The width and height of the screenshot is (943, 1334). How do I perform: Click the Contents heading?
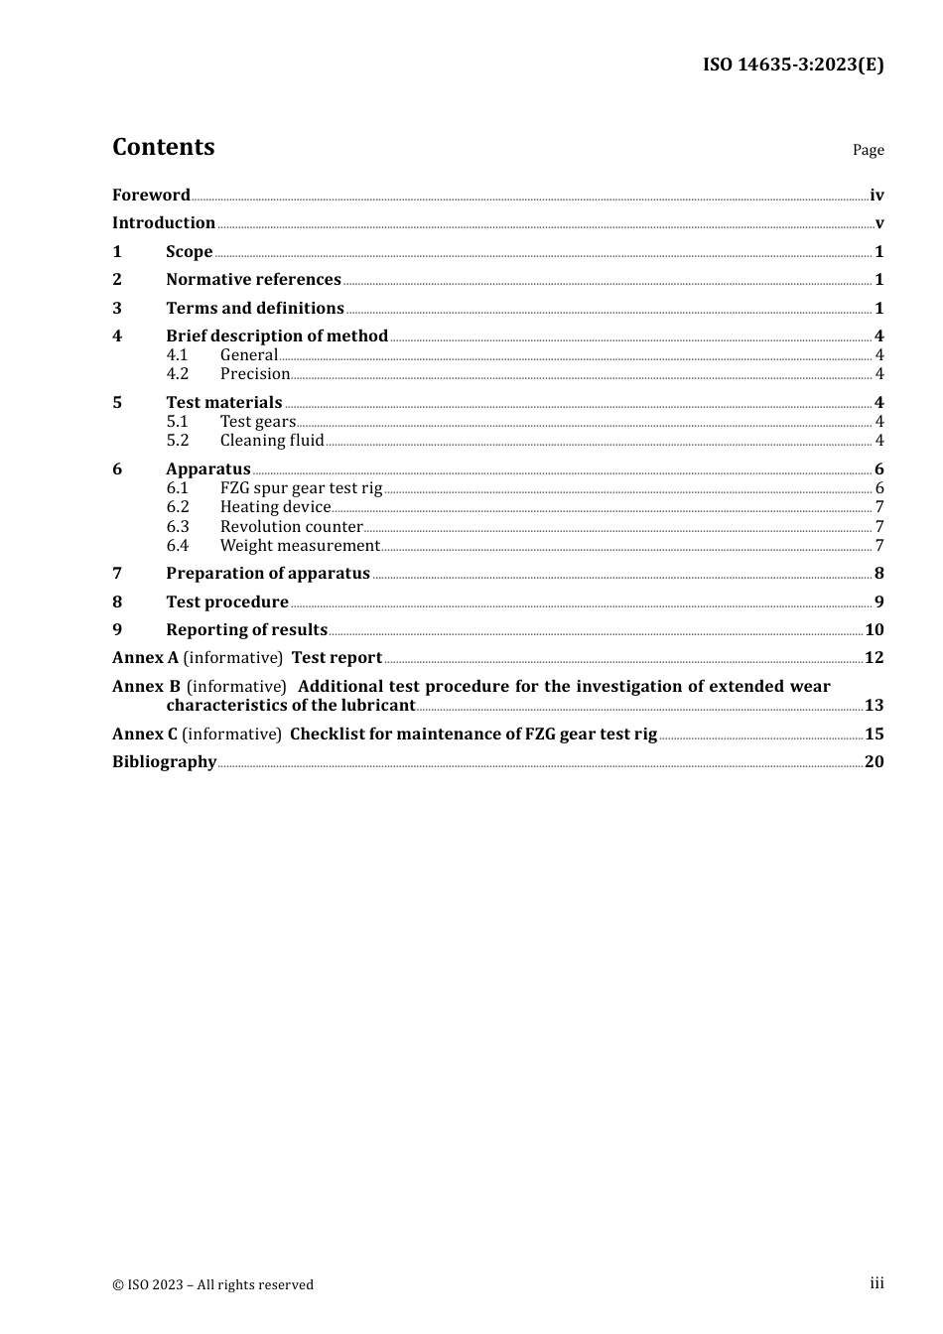163,147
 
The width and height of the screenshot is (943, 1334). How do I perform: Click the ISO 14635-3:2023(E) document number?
793,65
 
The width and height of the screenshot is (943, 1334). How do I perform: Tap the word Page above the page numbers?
868,150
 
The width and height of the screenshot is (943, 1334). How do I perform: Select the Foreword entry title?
151,195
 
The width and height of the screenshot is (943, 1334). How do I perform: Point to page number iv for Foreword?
876,196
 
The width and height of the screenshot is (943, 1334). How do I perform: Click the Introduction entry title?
164,222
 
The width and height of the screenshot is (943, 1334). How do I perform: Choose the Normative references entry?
253,279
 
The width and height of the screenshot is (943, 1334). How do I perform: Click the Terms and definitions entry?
255,308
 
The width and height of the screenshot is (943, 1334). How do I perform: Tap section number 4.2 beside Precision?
178,374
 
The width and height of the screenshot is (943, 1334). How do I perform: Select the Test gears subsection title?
258,421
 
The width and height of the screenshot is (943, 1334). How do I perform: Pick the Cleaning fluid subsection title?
272,440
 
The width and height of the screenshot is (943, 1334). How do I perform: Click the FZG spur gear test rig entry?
301,487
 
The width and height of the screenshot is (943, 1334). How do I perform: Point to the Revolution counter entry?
291,526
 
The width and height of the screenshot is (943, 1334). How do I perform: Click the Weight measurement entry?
300,545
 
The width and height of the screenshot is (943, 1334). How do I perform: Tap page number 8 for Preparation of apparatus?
878,573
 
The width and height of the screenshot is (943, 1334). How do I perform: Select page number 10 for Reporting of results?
875,629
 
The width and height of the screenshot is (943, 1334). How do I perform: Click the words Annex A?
145,657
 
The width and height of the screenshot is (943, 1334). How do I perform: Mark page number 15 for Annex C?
875,734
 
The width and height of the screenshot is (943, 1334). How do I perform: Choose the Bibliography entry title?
164,761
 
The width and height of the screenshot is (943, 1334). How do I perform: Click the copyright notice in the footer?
212,1284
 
